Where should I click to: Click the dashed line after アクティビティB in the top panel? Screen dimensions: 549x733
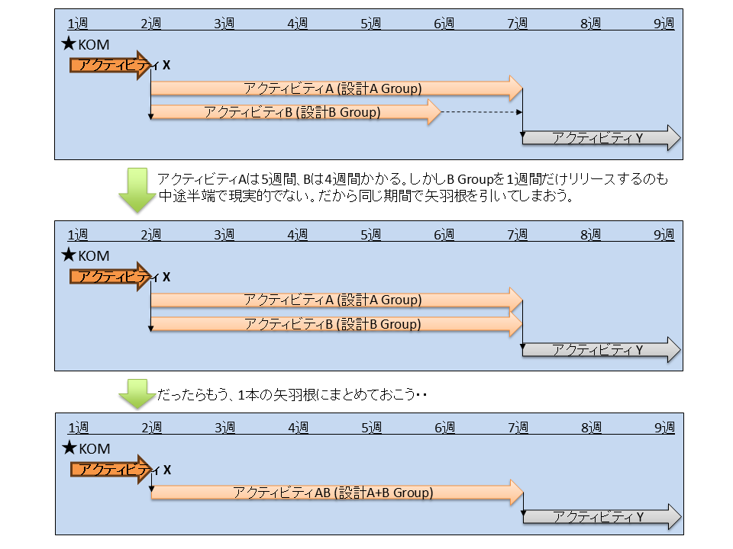tap(481, 113)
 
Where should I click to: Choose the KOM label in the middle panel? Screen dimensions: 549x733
tap(95, 256)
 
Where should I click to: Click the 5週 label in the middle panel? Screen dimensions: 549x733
tap(370, 236)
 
